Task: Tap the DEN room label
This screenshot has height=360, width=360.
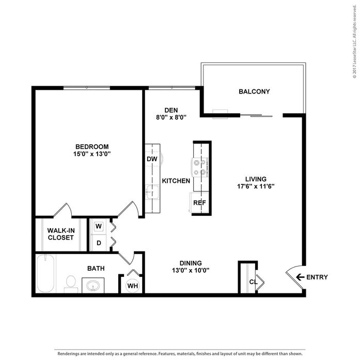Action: (171, 109)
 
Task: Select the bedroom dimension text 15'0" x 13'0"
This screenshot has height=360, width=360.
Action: (92, 153)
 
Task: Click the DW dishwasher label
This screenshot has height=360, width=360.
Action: (152, 159)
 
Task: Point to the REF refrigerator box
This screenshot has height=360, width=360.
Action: (199, 203)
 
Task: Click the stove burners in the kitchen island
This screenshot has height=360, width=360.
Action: (200, 167)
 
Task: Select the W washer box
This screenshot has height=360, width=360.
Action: (99, 227)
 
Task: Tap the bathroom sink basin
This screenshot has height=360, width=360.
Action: (93, 285)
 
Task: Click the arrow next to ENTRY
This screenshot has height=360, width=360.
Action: (300, 277)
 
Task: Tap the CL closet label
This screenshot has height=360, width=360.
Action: (253, 282)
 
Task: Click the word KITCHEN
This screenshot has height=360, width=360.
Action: (176, 181)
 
